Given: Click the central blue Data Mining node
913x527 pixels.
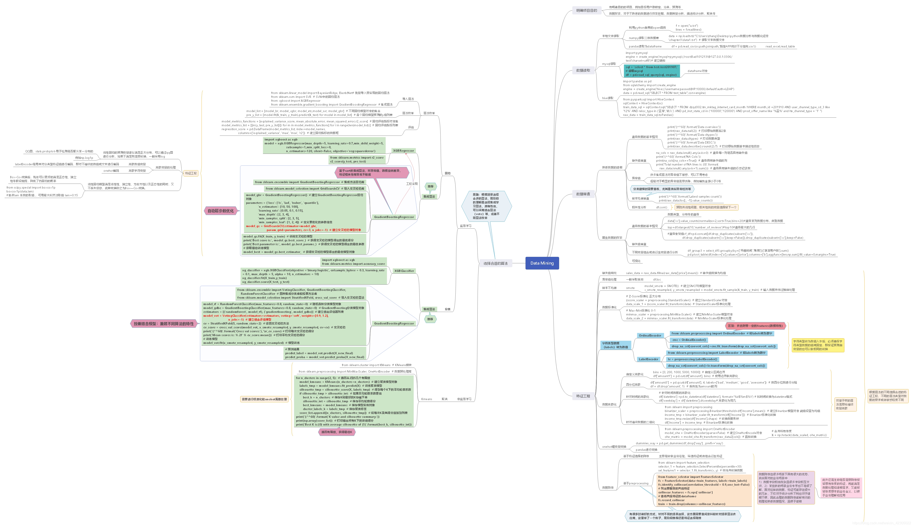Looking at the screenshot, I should tap(542, 263).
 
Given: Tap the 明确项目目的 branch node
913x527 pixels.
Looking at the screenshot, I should tap(586, 11).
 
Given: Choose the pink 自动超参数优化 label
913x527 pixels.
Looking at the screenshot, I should tap(221, 211).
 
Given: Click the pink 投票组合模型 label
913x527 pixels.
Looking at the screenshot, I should tap(164, 324).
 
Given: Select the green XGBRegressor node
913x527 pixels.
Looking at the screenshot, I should tap(403, 151).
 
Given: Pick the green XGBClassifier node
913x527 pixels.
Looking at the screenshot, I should tap(404, 271).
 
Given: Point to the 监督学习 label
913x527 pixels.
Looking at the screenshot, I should tap(465, 226).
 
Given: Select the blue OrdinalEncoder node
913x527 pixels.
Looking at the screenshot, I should tap(650, 335).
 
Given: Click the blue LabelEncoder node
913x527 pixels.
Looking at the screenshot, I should tap(648, 359).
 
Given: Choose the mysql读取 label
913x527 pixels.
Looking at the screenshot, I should tap(609, 64).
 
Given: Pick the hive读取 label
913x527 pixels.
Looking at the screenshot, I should tap(608, 98).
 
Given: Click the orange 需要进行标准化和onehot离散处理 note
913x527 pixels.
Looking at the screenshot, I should tap(264, 399).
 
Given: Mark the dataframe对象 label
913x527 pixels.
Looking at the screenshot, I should tap(697, 71).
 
